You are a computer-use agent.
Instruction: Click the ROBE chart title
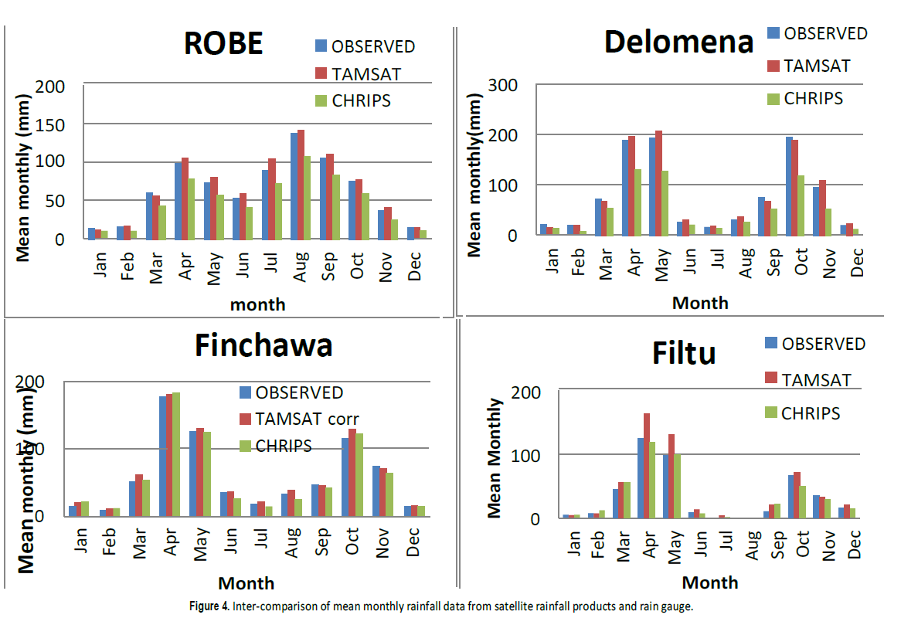coord(223,43)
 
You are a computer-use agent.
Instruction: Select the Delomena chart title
coord(678,42)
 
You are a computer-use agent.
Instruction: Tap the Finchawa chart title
coord(263,345)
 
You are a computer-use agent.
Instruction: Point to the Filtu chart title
coord(683,354)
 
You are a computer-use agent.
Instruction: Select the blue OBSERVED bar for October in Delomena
coord(789,185)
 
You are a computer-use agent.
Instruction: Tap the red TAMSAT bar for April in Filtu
coord(647,466)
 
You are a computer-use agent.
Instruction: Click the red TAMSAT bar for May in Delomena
coord(658,183)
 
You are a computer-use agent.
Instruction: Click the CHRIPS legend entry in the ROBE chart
coord(361,100)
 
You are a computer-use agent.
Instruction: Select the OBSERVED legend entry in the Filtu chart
coord(823,344)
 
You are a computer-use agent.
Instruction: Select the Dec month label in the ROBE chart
coord(415,265)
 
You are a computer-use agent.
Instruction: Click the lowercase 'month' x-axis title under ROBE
coord(257,304)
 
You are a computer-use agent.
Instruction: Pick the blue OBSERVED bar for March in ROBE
coord(150,216)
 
